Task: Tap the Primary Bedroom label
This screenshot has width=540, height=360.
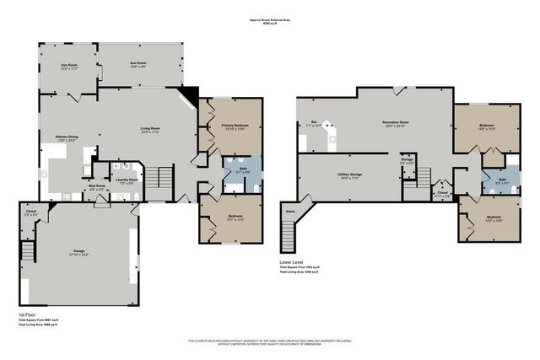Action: [229, 127]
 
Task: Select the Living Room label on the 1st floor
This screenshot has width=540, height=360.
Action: [150, 130]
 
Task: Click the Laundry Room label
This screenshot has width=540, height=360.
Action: [127, 180]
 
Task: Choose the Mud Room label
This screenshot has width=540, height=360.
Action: [98, 187]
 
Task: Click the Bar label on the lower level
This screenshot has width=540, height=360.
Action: [315, 124]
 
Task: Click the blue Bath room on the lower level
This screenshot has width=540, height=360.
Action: [501, 180]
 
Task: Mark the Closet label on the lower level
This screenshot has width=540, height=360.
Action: [442, 194]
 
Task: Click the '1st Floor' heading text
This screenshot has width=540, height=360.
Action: [28, 314]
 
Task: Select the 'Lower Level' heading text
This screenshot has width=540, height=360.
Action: [292, 261]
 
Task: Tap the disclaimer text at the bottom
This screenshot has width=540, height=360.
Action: [270, 341]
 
